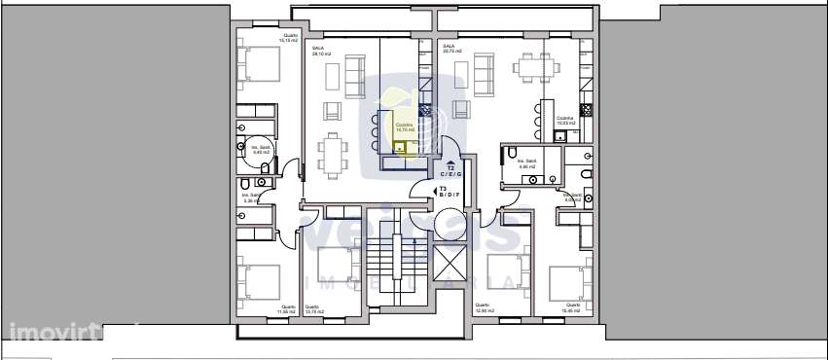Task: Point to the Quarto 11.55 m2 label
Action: (x=287, y=309)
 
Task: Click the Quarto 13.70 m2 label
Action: (x=312, y=309)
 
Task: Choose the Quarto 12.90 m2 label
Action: (x=485, y=309)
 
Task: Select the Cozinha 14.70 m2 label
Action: (x=405, y=126)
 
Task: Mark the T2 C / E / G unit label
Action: (x=450, y=172)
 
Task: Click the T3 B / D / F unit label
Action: (x=449, y=193)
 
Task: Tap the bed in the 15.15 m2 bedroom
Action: (x=260, y=66)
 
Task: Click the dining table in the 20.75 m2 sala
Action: (x=533, y=67)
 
